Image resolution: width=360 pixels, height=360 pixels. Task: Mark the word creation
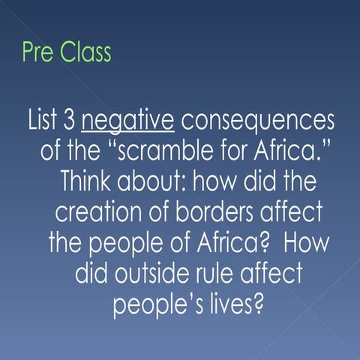click(x=95, y=214)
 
